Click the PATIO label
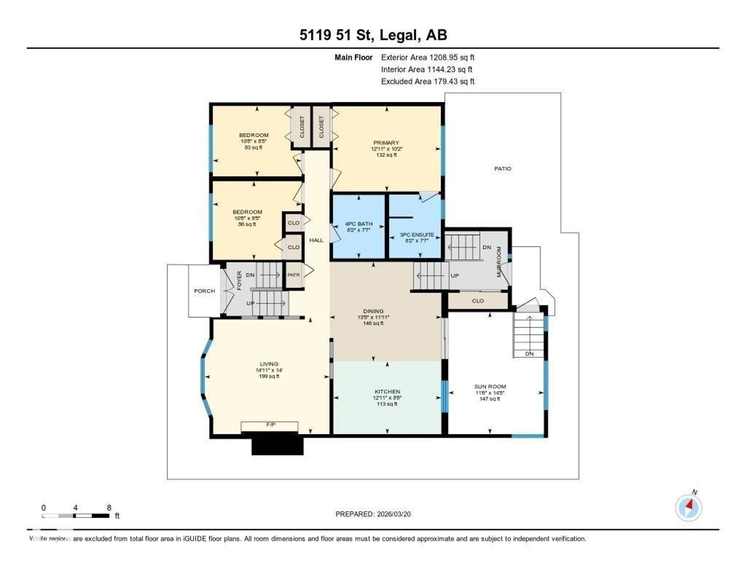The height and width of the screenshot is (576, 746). click(502, 169)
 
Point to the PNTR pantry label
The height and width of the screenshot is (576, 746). click(293, 275)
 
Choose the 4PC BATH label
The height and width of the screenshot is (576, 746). click(359, 224)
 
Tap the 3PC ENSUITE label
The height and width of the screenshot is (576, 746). click(417, 235)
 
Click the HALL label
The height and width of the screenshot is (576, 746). click(316, 240)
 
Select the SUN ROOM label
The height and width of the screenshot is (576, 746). click(490, 386)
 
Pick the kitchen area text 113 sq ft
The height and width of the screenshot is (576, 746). click(387, 404)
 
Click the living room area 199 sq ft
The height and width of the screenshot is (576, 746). click(269, 376)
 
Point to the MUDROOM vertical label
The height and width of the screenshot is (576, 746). click(499, 262)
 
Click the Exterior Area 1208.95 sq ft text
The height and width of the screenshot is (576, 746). click(428, 57)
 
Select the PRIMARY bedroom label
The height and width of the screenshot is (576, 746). click(386, 143)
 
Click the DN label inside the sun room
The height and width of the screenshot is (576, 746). click(529, 354)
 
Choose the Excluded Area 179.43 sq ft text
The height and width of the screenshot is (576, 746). click(428, 81)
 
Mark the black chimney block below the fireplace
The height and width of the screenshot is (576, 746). click(277, 444)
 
